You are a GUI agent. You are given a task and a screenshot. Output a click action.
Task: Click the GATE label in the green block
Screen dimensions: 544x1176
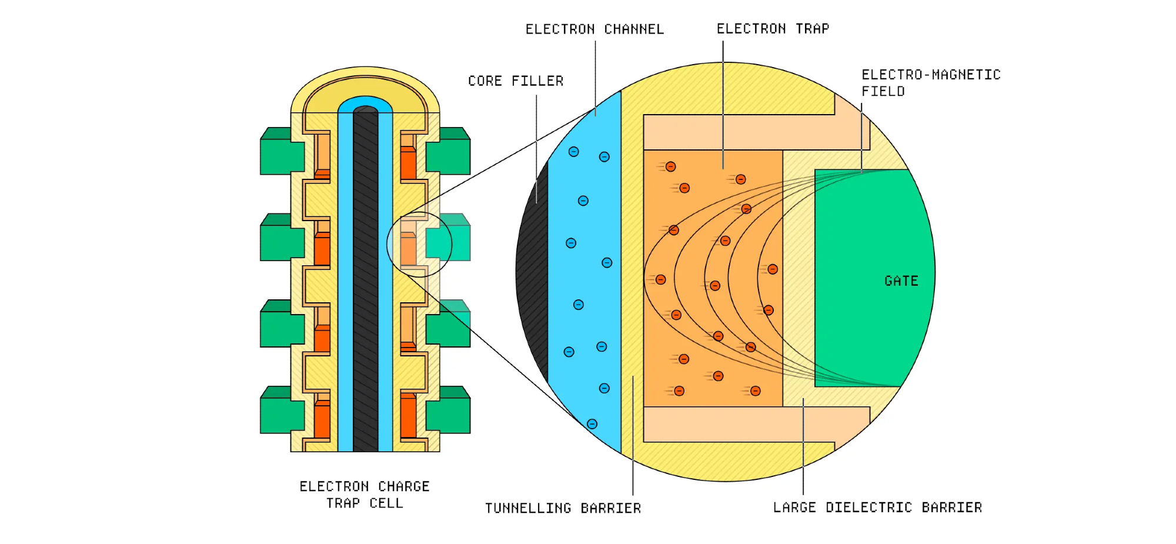coord(901,281)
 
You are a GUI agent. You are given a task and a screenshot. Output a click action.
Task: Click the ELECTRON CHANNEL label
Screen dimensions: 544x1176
coord(594,29)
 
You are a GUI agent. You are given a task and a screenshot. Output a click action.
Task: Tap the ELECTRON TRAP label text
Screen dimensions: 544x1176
coord(773,29)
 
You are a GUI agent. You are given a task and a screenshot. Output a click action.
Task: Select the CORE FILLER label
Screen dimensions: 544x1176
coord(516,81)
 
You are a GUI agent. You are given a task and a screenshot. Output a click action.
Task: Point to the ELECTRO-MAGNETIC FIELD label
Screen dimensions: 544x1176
coord(930,83)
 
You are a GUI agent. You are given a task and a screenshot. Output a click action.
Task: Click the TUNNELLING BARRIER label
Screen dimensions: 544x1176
coord(563,508)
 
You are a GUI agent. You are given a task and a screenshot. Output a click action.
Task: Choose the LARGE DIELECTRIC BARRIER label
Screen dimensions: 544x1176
coord(877,508)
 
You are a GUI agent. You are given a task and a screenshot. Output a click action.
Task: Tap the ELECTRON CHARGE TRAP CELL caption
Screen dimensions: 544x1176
coord(365,495)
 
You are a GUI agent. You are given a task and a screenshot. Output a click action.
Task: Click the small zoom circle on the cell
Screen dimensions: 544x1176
coord(419,244)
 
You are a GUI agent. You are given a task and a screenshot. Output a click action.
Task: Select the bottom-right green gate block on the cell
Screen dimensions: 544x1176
coord(449,412)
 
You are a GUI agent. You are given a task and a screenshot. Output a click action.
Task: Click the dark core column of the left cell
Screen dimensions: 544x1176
coord(365,282)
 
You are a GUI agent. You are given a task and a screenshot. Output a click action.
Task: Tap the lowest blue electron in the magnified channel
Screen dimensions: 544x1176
coord(592,424)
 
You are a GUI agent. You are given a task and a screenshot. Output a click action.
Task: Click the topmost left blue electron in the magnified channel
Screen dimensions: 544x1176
coord(573,152)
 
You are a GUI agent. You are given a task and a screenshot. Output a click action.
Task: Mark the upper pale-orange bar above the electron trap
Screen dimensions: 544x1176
coord(747,132)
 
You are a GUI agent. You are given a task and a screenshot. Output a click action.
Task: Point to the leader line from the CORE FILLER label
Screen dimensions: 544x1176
coord(536,147)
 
